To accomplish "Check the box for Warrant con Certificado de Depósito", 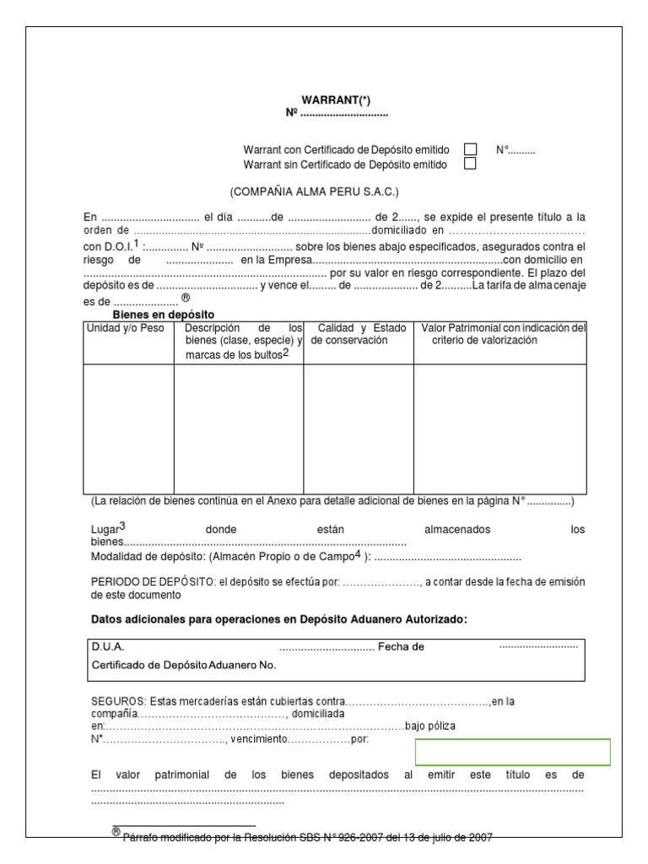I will [471, 149].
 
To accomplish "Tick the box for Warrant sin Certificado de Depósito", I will [471, 164].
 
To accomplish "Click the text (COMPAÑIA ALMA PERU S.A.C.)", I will [315, 192].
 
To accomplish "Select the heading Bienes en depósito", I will [164, 314].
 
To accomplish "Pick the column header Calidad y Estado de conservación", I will [358, 334].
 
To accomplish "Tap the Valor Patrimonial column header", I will [504, 334].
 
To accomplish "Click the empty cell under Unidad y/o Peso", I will [128, 428].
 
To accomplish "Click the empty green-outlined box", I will [512, 752].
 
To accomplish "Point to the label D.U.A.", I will [107, 646].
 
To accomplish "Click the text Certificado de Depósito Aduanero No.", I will [183, 665].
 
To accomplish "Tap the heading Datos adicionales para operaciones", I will [278, 619].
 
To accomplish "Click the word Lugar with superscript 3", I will [107, 529].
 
